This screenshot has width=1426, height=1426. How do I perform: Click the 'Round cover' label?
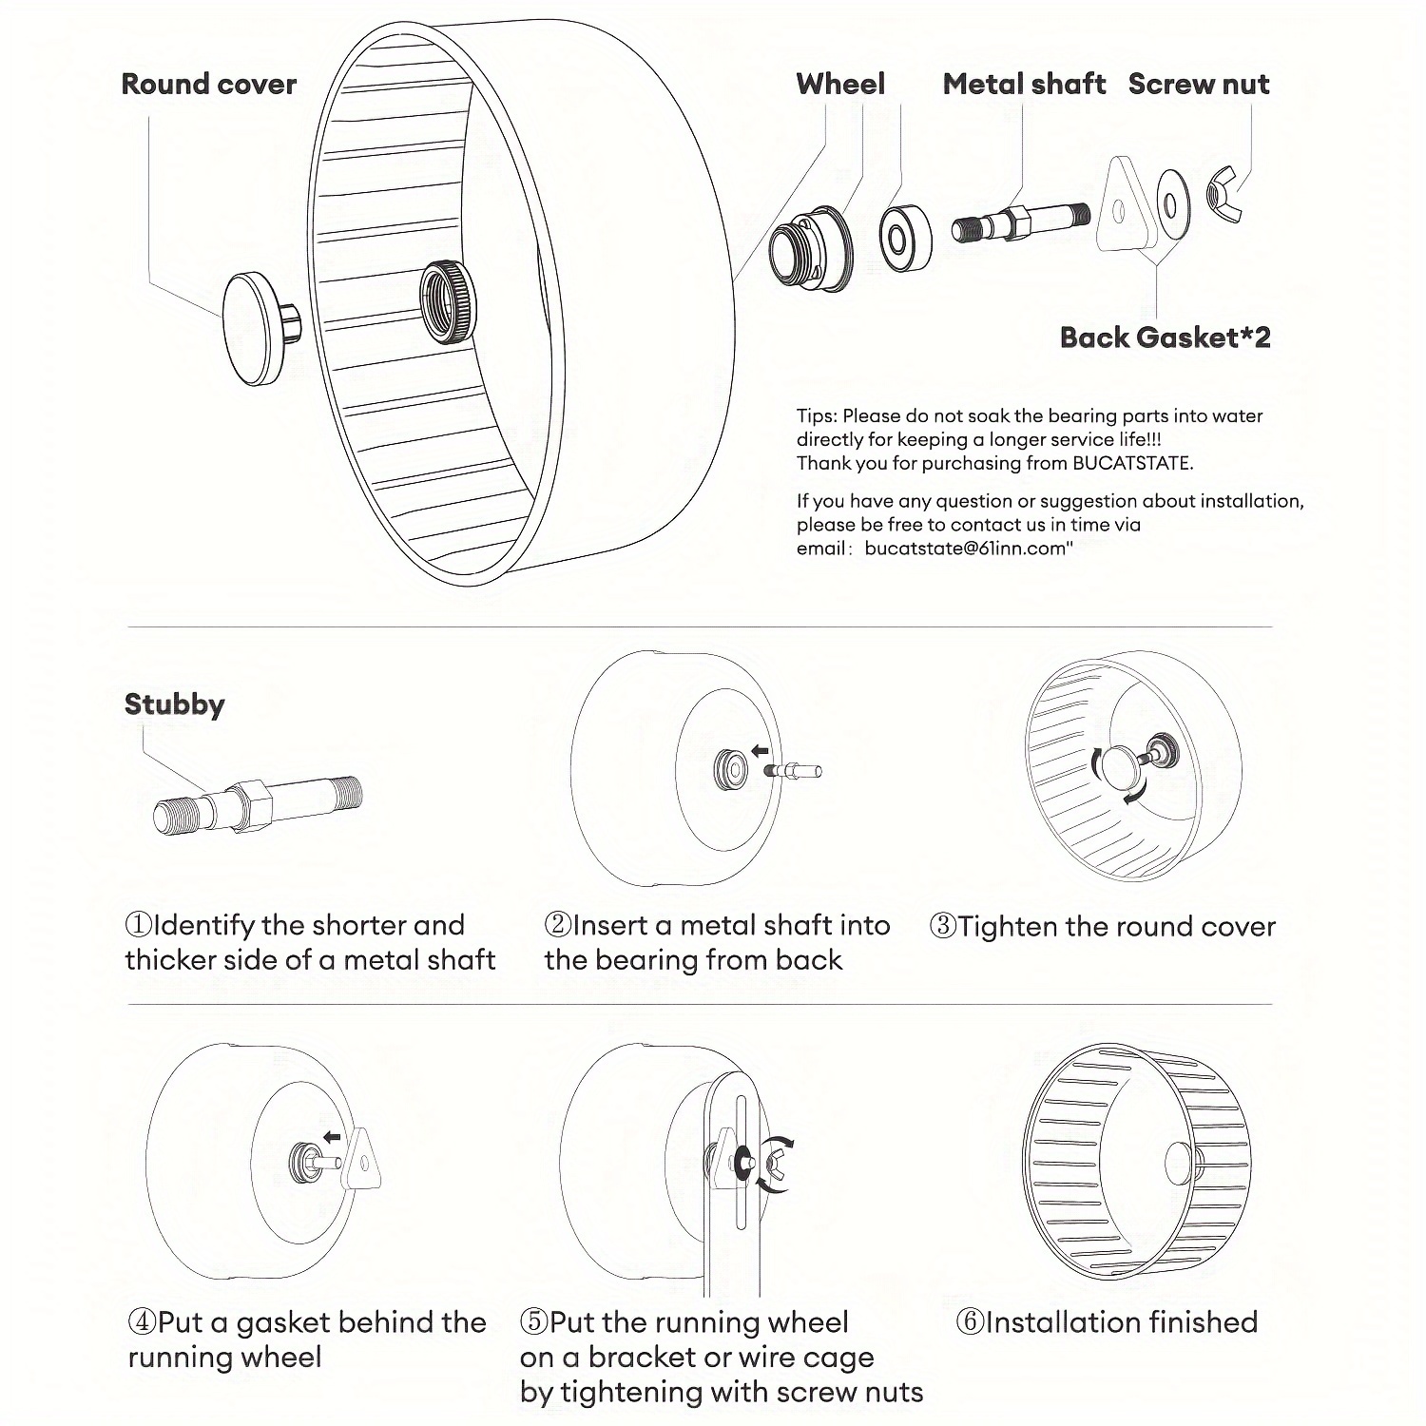(x=209, y=84)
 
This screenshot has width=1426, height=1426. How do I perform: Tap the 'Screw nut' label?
(x=1198, y=84)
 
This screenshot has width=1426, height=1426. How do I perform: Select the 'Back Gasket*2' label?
(x=1165, y=337)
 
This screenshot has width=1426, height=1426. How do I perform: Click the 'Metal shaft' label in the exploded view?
(x=1024, y=84)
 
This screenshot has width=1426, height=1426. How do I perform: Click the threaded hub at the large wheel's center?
(x=447, y=299)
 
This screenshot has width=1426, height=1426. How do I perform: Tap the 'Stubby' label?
(x=174, y=704)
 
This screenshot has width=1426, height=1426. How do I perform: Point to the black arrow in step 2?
(x=760, y=751)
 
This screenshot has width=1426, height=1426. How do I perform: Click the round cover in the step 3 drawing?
(x=1120, y=767)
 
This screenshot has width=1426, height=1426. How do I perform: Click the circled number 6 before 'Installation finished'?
(x=970, y=1322)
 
